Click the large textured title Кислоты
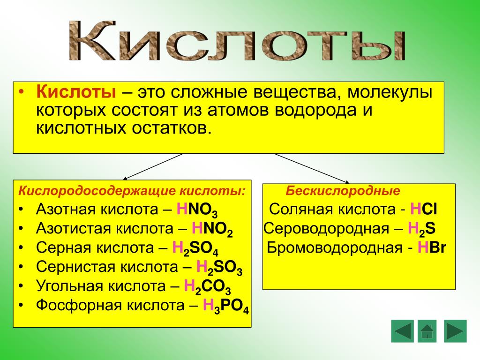point(238,41)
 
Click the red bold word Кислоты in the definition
point(76,91)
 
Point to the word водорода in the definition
point(315,110)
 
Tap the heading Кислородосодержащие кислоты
point(132,191)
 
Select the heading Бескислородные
point(343,191)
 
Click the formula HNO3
point(197,210)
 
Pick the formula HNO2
point(212,229)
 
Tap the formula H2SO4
point(195,248)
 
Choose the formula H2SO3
point(219,268)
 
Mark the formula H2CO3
point(207,287)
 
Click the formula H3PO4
point(226,306)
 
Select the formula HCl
point(424,210)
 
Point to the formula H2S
point(421,229)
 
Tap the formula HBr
point(432,247)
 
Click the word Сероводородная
point(326,229)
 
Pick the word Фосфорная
point(79,306)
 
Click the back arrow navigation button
point(402,331)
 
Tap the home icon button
point(427,331)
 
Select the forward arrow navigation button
point(455,331)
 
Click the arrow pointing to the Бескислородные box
point(312,168)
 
